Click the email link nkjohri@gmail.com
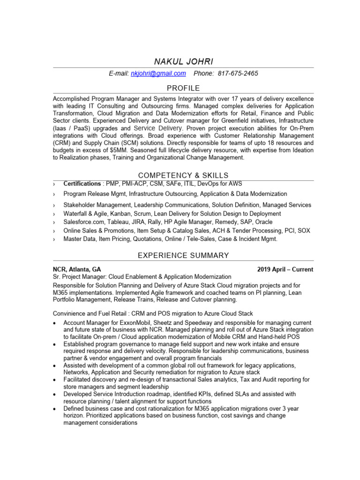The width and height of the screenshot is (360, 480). (x=158, y=74)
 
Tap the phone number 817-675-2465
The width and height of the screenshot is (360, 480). (x=238, y=74)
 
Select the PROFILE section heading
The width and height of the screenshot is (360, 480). (x=183, y=88)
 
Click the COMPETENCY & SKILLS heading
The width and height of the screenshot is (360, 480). (x=183, y=175)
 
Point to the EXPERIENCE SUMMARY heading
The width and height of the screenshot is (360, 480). (x=183, y=255)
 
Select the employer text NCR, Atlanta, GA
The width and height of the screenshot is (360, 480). (x=76, y=270)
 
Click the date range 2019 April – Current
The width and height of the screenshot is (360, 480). (x=285, y=270)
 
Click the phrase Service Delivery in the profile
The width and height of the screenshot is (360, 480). (x=158, y=128)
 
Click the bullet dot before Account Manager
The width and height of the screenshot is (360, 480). (x=55, y=324)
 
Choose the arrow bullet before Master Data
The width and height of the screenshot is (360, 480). (x=54, y=239)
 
